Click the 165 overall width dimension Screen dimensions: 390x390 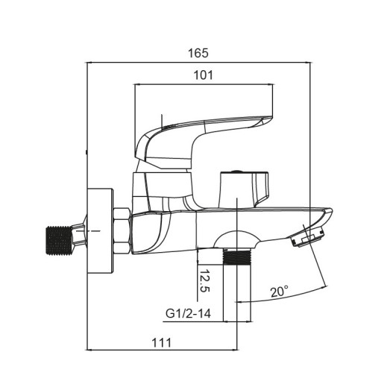[198, 53]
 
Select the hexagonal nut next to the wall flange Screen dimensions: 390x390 [122, 232]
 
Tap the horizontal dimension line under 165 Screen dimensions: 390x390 [198, 63]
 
